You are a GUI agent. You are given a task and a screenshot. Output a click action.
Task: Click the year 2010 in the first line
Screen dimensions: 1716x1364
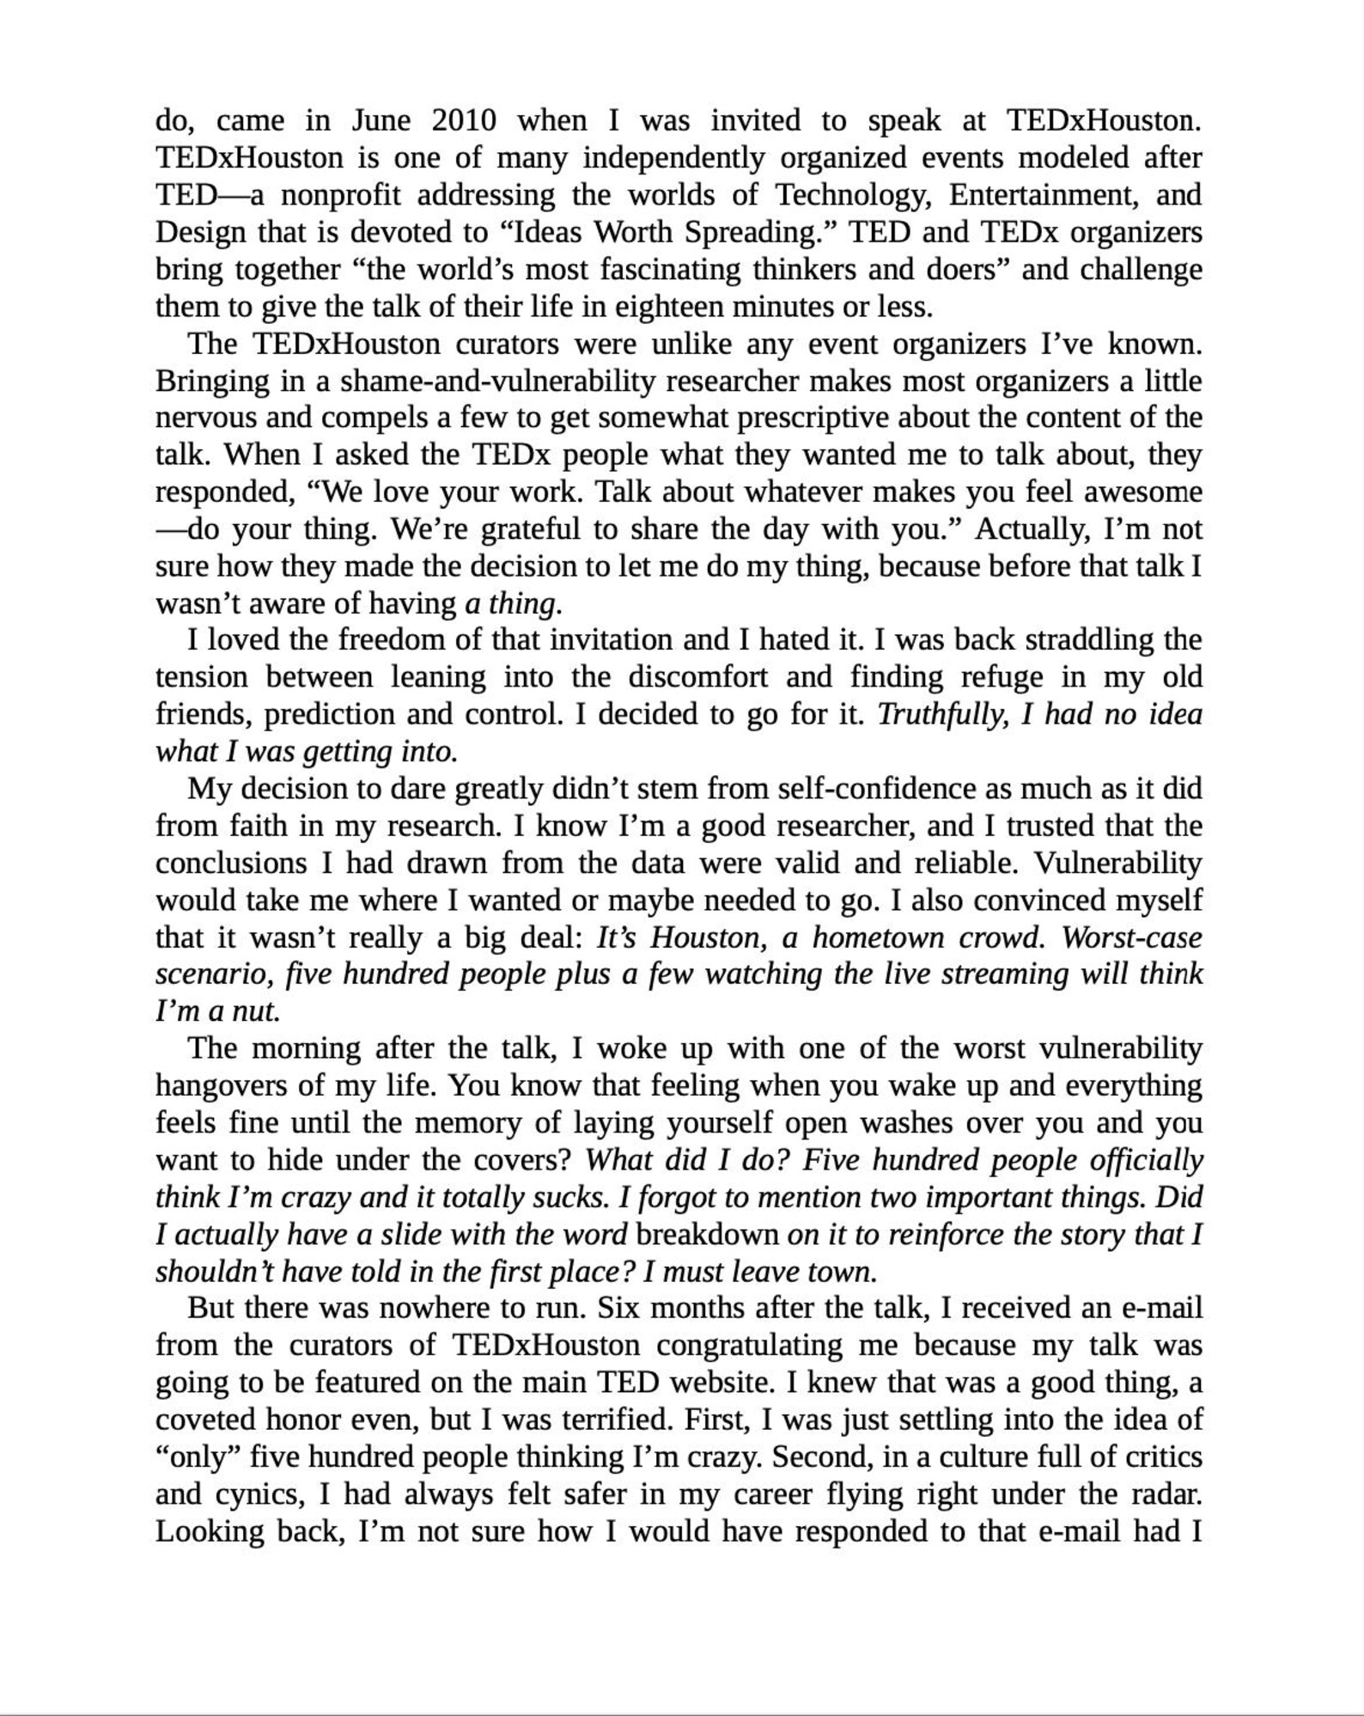pyautogui.click(x=464, y=120)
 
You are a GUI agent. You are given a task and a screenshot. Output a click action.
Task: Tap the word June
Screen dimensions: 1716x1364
pyautogui.click(x=381, y=120)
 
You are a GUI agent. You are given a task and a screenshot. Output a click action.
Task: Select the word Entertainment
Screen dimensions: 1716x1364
pyautogui.click(x=1042, y=195)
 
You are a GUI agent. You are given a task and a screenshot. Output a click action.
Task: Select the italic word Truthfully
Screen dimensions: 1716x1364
pyautogui.click(x=941, y=714)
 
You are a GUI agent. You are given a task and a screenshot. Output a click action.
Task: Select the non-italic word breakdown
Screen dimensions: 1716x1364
pyautogui.click(x=707, y=1235)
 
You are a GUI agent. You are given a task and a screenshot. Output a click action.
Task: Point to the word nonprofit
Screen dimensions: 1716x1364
pyautogui.click(x=340, y=195)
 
